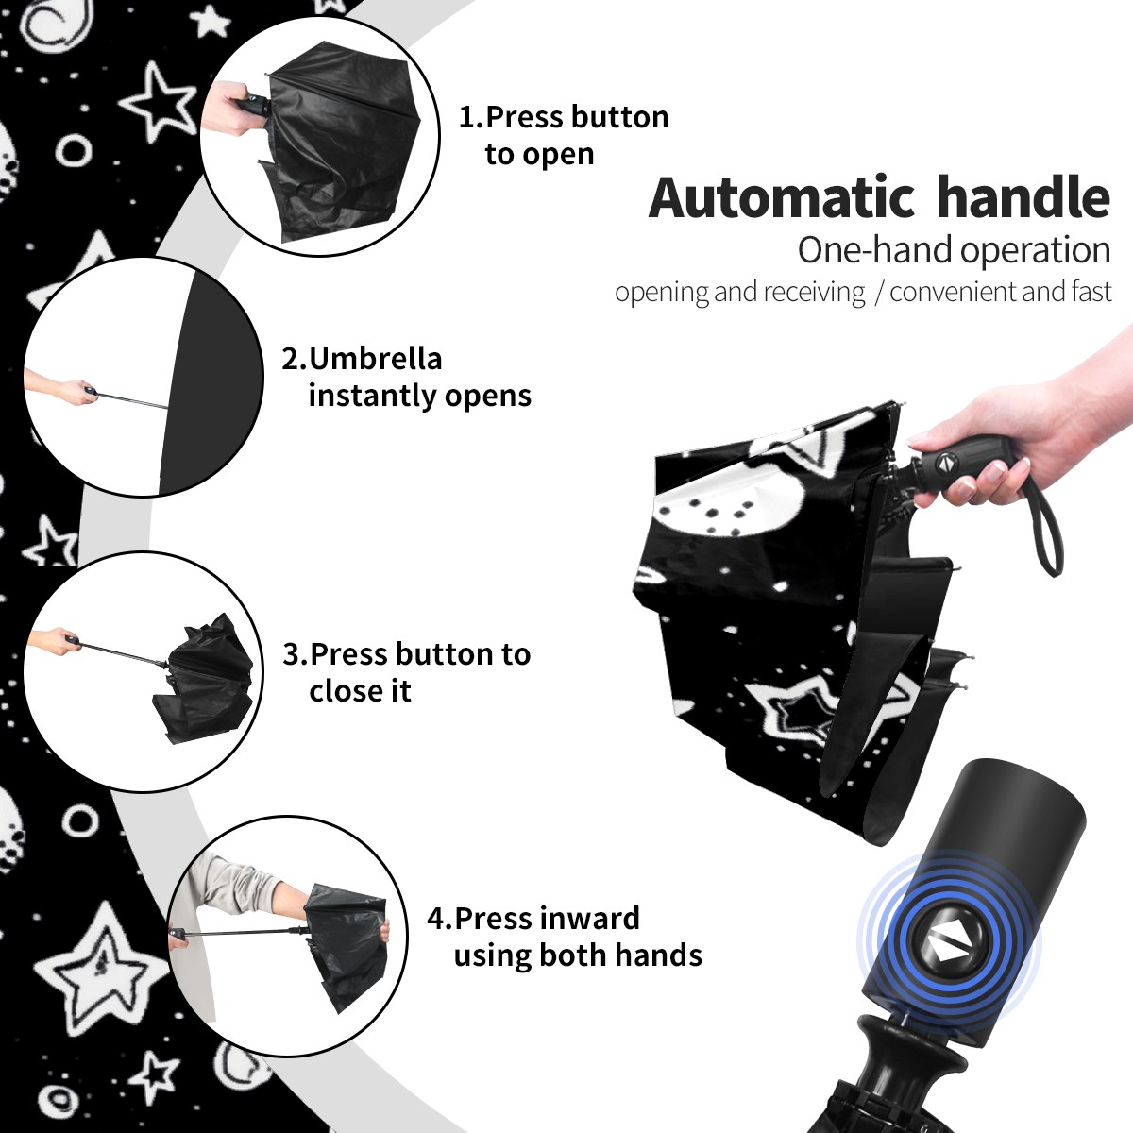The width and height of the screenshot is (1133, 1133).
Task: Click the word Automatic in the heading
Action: click(782, 197)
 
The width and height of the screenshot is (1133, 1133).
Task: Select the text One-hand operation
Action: click(954, 250)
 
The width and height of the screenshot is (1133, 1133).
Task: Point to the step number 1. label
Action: click(471, 117)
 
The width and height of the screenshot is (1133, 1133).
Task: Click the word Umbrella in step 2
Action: click(375, 359)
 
